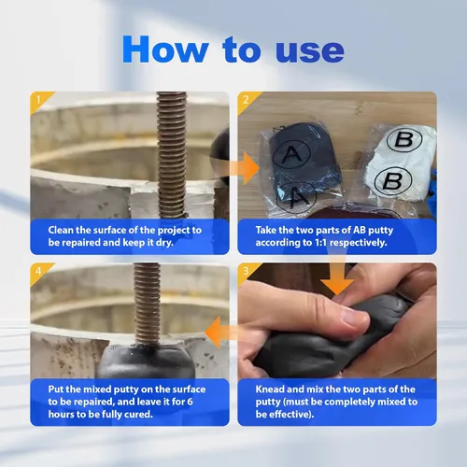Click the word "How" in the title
[x=165, y=50]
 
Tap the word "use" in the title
[x=310, y=51]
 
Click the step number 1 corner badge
[x=39, y=100]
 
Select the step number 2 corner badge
[x=247, y=100]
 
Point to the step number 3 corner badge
[x=247, y=272]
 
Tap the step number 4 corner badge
[x=39, y=272]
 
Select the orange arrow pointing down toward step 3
[x=337, y=274]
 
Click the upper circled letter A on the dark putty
[x=291, y=154]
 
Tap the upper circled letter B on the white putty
[x=404, y=139]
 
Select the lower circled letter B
[x=393, y=180]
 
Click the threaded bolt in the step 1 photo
[x=172, y=155]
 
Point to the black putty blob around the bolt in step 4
[x=147, y=361]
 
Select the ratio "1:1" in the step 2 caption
[x=320, y=243]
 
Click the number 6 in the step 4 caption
[x=190, y=402]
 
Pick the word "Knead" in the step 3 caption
[x=270, y=389]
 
